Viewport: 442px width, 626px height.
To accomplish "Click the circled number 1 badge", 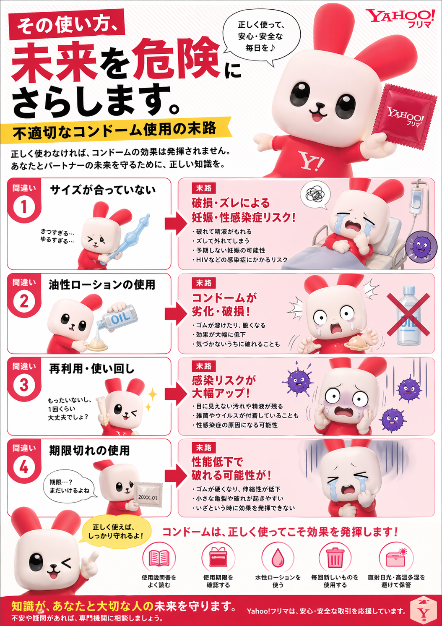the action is click(24, 207).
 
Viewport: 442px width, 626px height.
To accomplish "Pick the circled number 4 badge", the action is click(24, 467).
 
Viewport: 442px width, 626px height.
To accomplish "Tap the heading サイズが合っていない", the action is click(103, 190).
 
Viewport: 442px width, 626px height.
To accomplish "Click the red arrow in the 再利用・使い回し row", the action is click(175, 394).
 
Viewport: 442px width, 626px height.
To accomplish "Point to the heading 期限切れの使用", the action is click(89, 451).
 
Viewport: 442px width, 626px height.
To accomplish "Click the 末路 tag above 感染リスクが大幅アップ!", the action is click(204, 366).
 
